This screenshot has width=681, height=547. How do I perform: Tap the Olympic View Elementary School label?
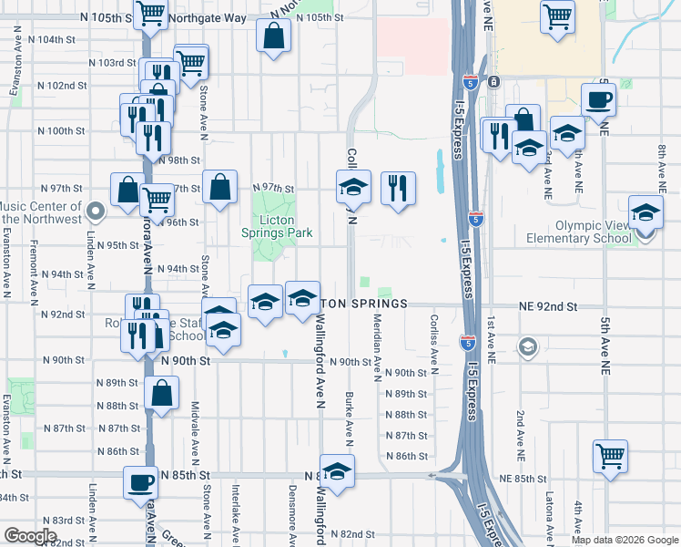[x=579, y=232]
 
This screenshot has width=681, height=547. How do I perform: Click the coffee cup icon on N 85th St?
[x=141, y=482]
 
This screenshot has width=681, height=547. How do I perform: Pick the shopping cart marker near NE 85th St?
[x=610, y=456]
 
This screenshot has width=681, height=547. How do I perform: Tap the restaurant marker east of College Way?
[x=398, y=189]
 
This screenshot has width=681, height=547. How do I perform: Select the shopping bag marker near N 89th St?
[x=161, y=395]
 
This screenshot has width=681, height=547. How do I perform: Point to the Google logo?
[x=30, y=536]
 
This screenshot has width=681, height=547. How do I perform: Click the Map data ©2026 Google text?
[x=624, y=540]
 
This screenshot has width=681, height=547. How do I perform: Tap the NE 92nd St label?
[x=548, y=307]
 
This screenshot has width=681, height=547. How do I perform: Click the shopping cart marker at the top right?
[x=556, y=15]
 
